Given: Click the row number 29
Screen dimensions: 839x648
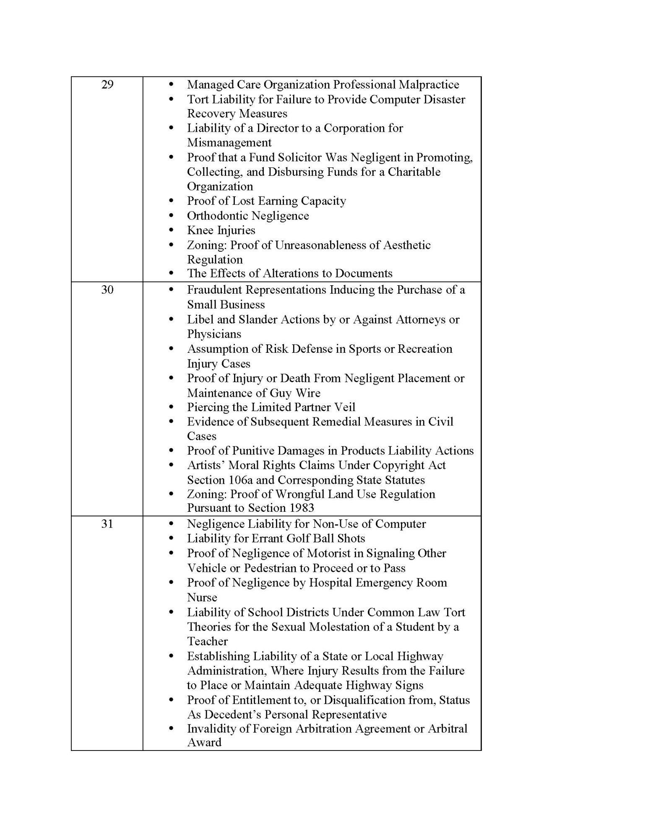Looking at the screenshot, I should click(107, 85).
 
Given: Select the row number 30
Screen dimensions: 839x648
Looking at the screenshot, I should click(107, 290).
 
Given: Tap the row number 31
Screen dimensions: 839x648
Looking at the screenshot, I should click(107, 524).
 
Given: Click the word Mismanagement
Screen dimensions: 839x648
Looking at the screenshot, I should click(229, 143).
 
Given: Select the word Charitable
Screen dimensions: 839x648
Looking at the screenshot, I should click(414, 172).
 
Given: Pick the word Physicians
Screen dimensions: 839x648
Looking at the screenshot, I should click(214, 334).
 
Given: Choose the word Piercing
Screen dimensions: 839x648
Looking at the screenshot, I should click(207, 407).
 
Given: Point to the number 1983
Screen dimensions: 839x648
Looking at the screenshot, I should click(301, 508).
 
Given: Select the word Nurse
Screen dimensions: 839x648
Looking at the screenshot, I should click(202, 597).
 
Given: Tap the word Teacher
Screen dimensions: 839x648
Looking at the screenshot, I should click(207, 641).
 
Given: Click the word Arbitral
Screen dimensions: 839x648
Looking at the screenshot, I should click(447, 729).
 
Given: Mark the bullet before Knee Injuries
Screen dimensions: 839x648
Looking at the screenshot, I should click(171, 230).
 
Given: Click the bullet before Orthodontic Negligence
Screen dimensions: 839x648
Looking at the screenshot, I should click(171, 216).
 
